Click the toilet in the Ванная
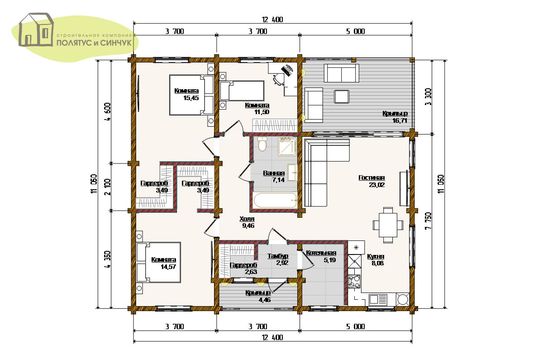[262, 144]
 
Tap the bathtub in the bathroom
[275, 200]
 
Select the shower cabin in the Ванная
[287, 147]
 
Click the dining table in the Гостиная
[388, 225]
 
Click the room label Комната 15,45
[187, 95]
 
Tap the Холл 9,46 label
[248, 222]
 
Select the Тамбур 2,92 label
[278, 259]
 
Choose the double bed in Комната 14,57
[158, 263]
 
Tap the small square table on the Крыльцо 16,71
[342, 96]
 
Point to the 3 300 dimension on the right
[428, 97]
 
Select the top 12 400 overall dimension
[272, 19]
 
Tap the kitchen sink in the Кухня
[378, 299]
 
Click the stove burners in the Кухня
[354, 282]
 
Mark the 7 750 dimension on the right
[428, 221]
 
